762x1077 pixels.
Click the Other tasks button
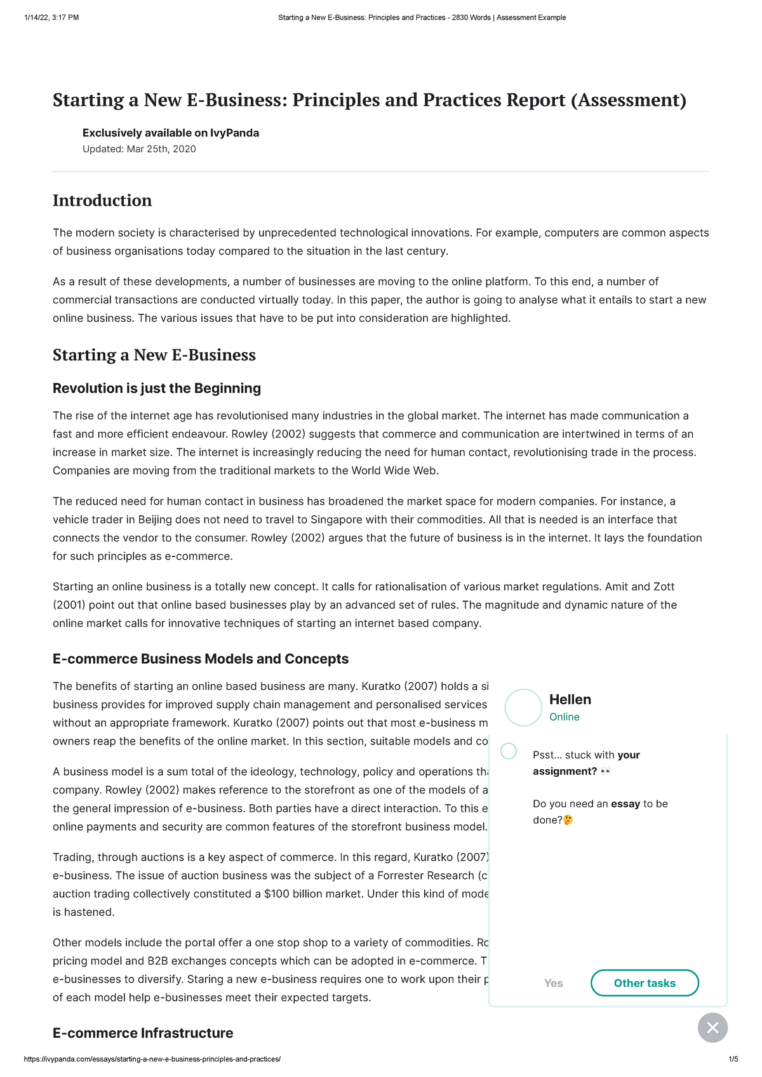[645, 983]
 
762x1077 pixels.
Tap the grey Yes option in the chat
[553, 983]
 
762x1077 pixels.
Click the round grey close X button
[712, 1027]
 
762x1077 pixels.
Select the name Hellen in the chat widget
[570, 699]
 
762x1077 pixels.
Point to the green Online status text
[564, 717]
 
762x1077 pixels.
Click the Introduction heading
[102, 201]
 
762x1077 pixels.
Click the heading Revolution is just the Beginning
[157, 388]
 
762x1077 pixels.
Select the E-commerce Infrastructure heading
[143, 1033]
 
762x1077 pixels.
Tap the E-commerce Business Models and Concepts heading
[201, 659]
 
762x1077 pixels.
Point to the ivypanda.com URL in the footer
[152, 1059]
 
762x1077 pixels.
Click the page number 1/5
[733, 1059]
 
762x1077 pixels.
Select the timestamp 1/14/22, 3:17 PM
[51, 18]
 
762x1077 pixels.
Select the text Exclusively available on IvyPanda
[171, 133]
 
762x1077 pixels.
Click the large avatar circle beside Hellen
[523, 708]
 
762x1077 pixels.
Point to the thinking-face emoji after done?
[568, 820]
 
